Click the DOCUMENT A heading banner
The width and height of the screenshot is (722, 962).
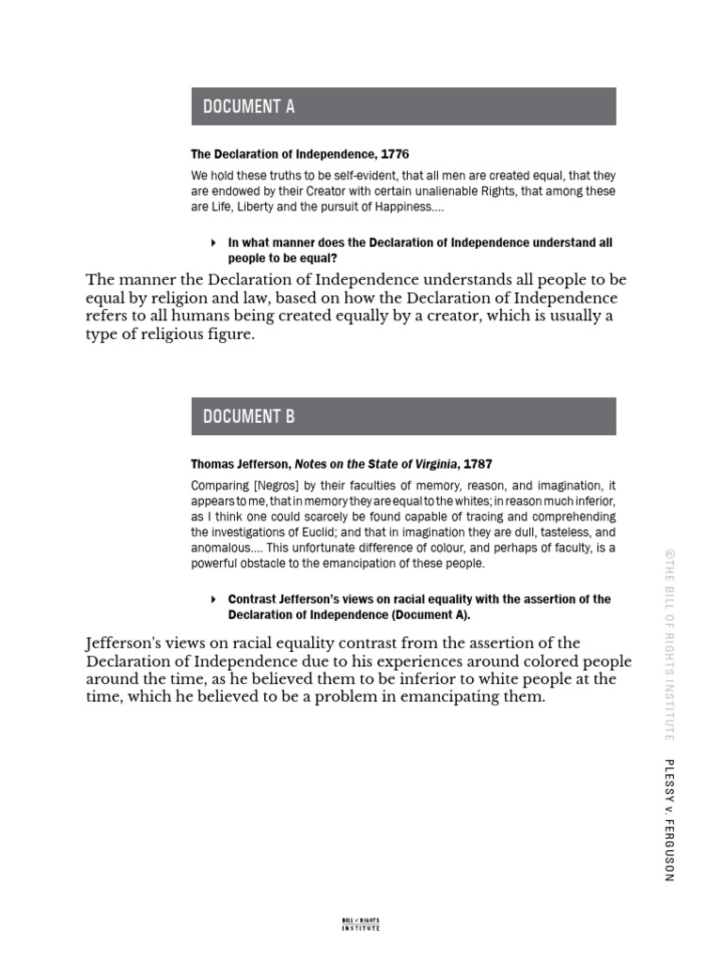[403, 106]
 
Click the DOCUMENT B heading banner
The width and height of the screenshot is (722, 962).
[403, 416]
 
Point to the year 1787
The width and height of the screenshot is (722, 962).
[475, 464]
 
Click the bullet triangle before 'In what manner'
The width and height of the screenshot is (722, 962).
[214, 242]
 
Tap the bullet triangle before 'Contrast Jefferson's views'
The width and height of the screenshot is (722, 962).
[214, 599]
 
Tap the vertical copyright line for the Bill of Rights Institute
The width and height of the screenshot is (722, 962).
[668, 645]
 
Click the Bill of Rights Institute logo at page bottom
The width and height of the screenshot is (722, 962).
[360, 924]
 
